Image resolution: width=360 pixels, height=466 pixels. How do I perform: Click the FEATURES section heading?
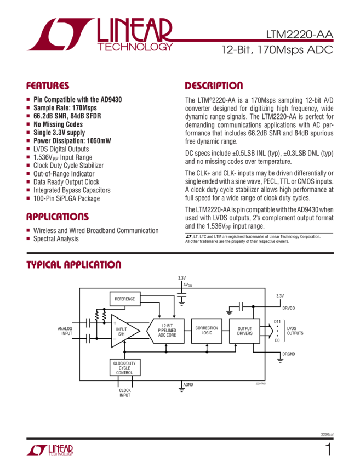coord(48,86)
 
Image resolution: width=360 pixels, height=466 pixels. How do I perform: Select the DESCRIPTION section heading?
coord(214,86)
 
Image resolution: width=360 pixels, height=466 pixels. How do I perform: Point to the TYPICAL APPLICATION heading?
coord(74,265)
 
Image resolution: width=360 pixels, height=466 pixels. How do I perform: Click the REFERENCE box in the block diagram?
coord(124,299)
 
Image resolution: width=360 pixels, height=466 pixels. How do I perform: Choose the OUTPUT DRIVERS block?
coord(245,331)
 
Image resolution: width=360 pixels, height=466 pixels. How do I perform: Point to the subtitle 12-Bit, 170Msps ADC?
coord(277,49)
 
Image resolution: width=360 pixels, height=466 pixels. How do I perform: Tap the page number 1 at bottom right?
coord(328,450)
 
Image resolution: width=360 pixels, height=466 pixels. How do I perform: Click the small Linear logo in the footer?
coord(50,451)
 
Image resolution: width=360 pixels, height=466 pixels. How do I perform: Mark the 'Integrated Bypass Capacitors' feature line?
coord(71,190)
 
